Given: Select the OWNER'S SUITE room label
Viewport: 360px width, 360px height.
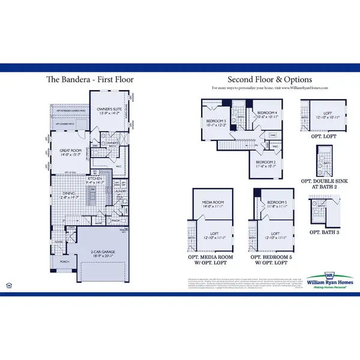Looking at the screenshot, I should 107,109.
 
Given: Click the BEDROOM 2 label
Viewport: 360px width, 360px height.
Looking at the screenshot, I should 265,162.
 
